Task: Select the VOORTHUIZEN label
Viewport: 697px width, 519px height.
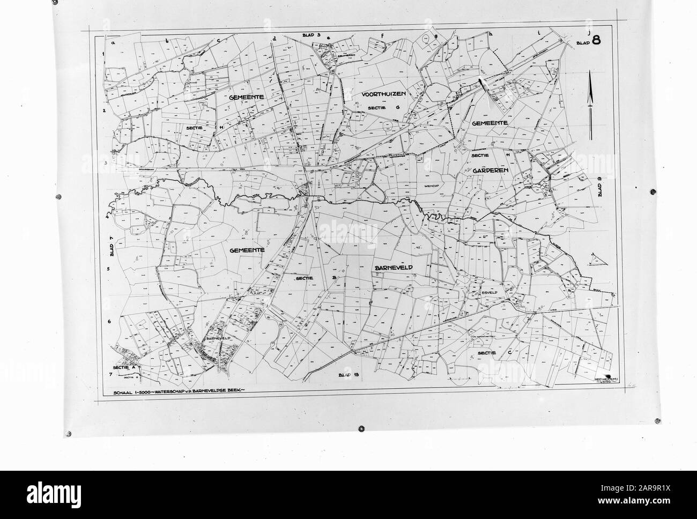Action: click(x=382, y=94)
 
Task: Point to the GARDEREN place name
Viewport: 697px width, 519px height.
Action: click(x=490, y=169)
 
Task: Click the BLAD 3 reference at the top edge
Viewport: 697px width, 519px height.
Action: click(x=311, y=35)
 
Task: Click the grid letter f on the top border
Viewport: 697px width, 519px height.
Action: click(x=383, y=36)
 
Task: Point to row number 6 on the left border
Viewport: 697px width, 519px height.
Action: click(x=109, y=321)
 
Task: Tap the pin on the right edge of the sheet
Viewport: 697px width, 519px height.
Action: click(x=652, y=191)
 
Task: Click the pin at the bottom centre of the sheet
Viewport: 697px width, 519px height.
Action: click(x=361, y=428)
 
